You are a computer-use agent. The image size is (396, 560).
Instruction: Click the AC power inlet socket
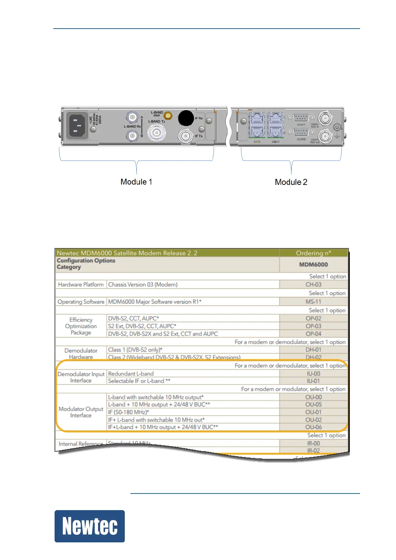(x=78, y=126)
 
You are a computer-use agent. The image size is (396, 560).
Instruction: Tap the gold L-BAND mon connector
(x=168, y=116)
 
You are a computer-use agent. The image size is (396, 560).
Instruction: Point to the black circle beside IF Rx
(x=186, y=118)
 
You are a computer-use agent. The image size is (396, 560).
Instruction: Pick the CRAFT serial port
(x=301, y=118)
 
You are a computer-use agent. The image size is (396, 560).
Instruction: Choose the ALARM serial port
(x=301, y=132)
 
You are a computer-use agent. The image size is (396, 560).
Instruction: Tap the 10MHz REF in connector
(x=324, y=118)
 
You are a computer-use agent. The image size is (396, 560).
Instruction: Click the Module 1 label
(x=136, y=182)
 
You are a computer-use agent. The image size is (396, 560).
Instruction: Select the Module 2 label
(x=291, y=182)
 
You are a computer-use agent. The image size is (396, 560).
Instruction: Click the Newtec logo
(x=90, y=526)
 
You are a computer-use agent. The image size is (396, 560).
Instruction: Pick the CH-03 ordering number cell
(x=313, y=285)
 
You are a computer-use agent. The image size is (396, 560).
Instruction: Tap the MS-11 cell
(x=313, y=302)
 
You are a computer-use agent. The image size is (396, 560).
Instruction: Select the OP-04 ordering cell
(x=313, y=334)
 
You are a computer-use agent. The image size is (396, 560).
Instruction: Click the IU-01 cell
(x=313, y=381)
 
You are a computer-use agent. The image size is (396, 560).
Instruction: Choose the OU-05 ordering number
(x=313, y=404)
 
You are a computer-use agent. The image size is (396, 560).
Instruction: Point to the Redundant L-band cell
(x=131, y=374)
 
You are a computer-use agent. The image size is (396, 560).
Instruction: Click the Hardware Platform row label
(x=81, y=285)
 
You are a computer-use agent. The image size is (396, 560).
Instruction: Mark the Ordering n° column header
(x=313, y=253)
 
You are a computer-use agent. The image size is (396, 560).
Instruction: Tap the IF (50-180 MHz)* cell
(x=128, y=412)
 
